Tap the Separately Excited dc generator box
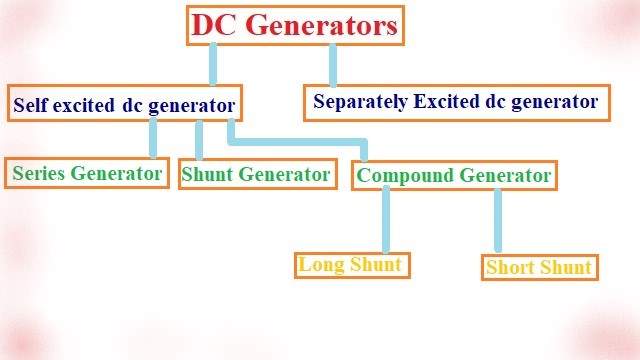(455, 102)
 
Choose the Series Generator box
(86, 173)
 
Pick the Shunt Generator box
(255, 175)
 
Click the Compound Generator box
(454, 176)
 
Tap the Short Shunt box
(539, 267)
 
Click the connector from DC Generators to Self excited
(212, 65)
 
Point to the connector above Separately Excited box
(333, 65)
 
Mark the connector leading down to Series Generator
(154, 137)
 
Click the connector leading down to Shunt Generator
(199, 138)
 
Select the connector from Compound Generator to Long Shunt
(386, 220)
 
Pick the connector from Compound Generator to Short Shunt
(498, 221)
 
